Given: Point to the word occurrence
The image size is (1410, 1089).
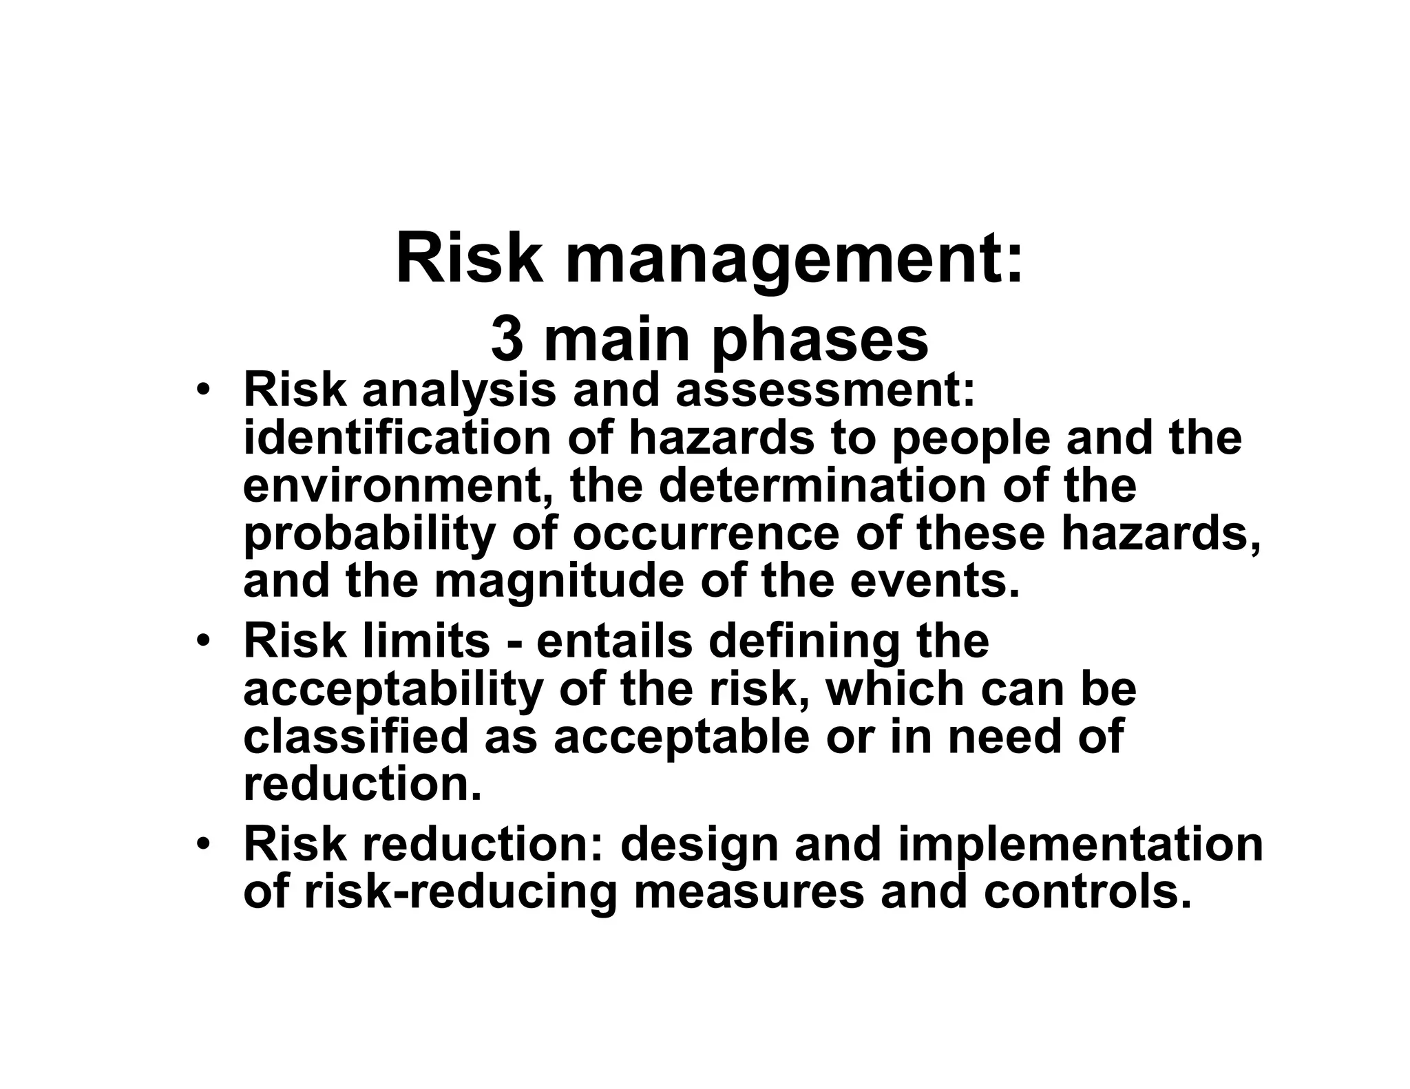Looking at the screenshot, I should [706, 534].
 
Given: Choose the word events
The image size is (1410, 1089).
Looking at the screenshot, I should [934, 582].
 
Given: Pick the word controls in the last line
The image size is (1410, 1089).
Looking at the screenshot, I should [1087, 893].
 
